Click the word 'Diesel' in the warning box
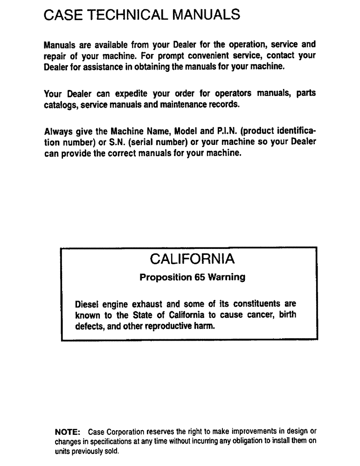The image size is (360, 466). (x=88, y=305)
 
